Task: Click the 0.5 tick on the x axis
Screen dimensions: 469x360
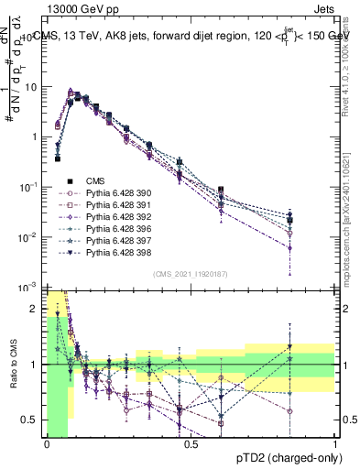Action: [x=191, y=444]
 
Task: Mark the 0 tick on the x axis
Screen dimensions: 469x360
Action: [x=47, y=444]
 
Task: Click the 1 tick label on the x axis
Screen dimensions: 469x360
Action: [x=335, y=444]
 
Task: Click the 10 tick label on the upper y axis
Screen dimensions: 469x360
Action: [x=32, y=87]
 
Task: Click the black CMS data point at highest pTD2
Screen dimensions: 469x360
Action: [x=289, y=220]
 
